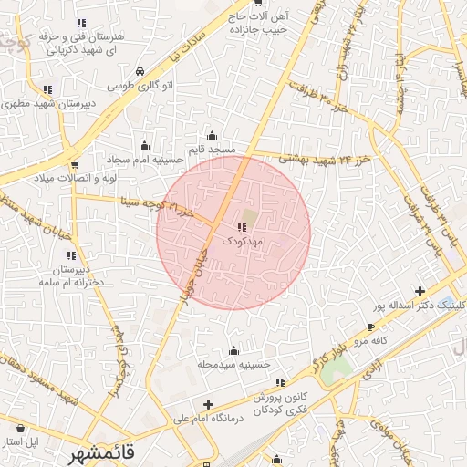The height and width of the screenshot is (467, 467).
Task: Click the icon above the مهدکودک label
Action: pos(242,228)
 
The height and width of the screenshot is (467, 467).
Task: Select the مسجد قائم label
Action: pos(213,149)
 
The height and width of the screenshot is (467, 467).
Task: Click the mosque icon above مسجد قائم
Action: pos(213,135)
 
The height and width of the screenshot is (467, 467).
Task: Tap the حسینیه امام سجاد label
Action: pos(143,159)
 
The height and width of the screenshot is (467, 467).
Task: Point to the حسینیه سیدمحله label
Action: pos(234,364)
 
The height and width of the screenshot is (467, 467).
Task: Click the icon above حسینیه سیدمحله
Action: pos(234,350)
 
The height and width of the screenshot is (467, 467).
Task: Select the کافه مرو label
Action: pos(372,340)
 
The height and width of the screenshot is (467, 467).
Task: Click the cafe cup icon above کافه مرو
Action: pos(370,327)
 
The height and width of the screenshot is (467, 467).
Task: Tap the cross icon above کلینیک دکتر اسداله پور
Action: pos(420,292)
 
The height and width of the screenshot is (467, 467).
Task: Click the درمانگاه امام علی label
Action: pos(208,419)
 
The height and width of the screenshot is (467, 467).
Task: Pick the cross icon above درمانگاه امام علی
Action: pos(208,404)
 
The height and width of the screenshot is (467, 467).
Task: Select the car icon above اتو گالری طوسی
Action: pos(139,71)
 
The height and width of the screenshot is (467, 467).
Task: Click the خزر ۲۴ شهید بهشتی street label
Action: pos(313,158)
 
